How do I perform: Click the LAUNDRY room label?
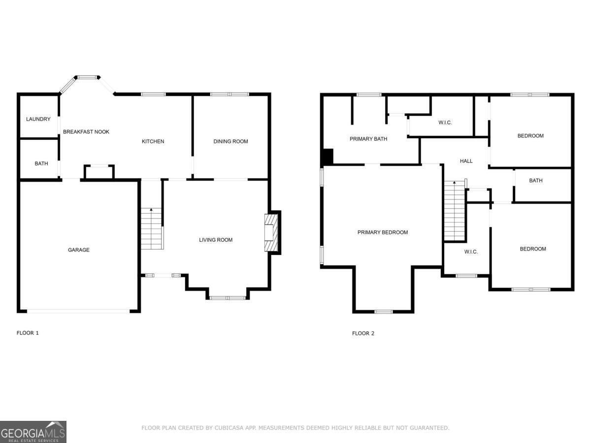tap(38, 119)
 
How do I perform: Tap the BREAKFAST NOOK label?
tap(86, 132)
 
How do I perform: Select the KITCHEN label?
tap(153, 142)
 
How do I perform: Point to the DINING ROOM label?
tap(230, 142)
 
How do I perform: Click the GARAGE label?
tap(79, 250)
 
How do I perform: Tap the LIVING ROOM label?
tap(216, 240)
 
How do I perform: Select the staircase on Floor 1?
tap(151, 229)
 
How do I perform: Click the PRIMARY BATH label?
tap(368, 139)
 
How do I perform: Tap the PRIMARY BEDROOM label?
tap(383, 232)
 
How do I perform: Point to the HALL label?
tap(466, 161)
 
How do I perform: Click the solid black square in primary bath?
tap(327, 157)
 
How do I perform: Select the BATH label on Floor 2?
tap(536, 181)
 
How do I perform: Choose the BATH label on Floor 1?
tap(41, 163)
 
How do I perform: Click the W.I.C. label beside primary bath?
tap(445, 123)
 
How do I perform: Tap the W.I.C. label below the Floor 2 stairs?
tap(471, 252)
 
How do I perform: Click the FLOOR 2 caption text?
tap(363, 333)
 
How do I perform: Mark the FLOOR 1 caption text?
tap(28, 333)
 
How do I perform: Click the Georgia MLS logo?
tap(33, 432)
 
